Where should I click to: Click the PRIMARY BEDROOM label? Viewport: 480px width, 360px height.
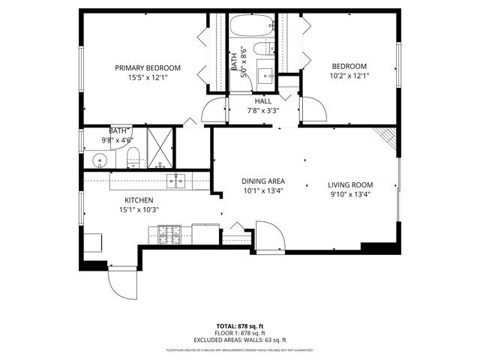tap(148, 67)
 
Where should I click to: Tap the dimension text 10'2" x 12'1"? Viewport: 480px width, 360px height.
tap(349, 76)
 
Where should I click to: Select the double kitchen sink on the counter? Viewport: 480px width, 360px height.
tap(178, 179)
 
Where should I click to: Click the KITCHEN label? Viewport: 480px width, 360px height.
tap(139, 200)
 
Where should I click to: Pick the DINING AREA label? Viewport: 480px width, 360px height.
tap(262, 181)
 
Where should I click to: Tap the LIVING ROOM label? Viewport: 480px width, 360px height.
tap(350, 185)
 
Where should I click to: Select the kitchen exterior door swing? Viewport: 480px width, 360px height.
tap(122, 283)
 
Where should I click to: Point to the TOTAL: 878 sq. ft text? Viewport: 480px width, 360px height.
tap(239, 326)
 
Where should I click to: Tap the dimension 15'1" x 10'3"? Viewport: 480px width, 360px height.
tap(139, 209)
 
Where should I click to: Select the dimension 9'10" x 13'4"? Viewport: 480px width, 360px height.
tap(350, 194)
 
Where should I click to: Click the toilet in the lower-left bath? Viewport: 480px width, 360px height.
tap(133, 157)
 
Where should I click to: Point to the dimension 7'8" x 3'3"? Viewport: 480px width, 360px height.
tap(262, 110)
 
